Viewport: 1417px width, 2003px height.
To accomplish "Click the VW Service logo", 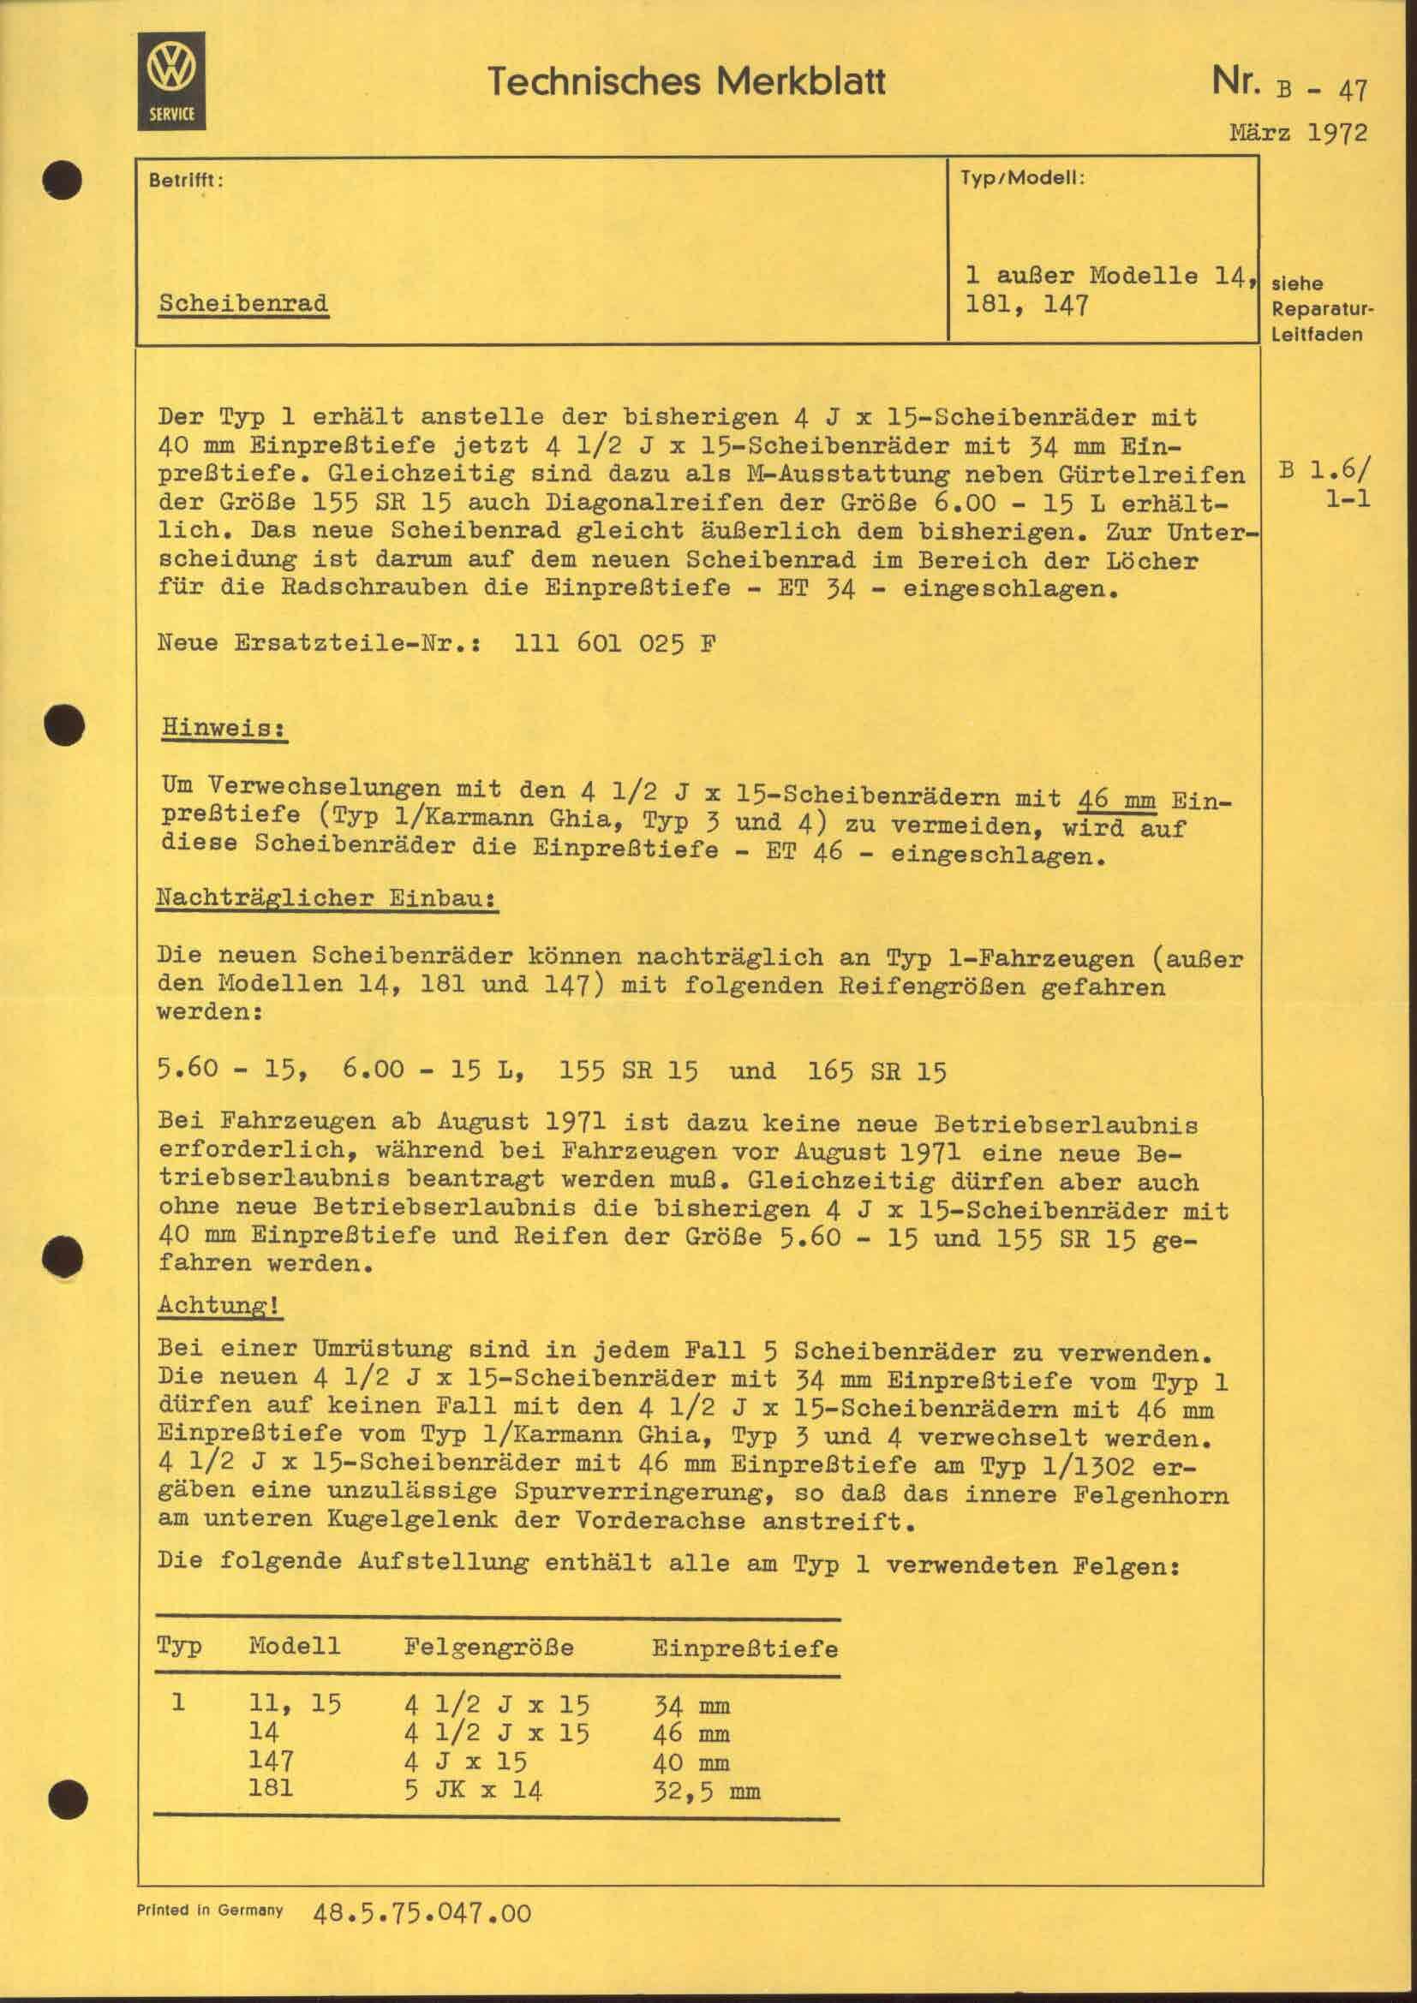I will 171,80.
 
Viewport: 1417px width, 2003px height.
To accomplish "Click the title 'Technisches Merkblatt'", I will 687,82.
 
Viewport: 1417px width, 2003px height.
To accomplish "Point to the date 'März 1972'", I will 1298,134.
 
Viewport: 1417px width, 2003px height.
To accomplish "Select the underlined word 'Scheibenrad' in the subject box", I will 243,304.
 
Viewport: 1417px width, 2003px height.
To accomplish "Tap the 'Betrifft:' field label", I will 186,181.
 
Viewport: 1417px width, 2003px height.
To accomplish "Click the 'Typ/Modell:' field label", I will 1022,178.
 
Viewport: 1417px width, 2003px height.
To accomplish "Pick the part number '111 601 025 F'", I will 616,644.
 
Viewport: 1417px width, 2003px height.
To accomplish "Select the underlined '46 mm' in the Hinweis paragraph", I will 1117,799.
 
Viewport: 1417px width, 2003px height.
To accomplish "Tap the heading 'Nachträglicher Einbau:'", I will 326,898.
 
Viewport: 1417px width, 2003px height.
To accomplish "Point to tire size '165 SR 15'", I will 878,1071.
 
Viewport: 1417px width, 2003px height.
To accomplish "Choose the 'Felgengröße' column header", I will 488,1647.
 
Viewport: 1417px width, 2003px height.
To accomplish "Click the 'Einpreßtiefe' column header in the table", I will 744,1648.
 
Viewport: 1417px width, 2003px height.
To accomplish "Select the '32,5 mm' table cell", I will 706,1791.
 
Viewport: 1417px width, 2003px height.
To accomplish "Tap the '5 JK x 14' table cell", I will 473,1791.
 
